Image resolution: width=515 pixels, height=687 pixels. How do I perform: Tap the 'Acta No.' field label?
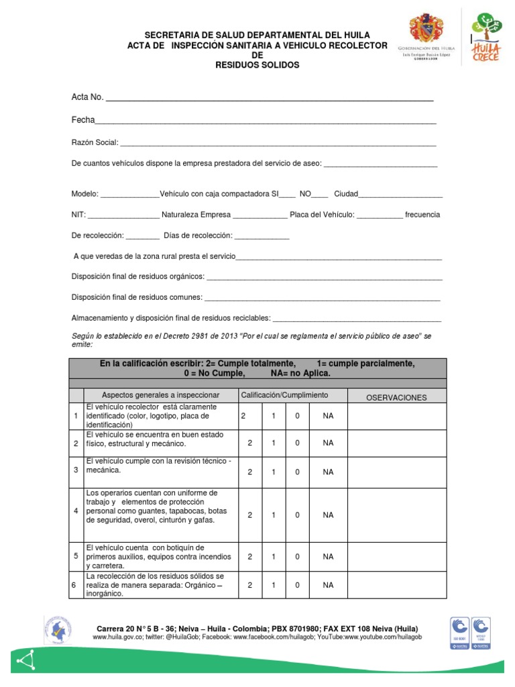[x=87, y=97]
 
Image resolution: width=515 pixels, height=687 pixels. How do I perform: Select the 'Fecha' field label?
[x=83, y=120]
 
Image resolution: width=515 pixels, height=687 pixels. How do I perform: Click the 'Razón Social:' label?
[x=95, y=142]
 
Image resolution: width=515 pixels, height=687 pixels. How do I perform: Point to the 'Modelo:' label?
[x=85, y=194]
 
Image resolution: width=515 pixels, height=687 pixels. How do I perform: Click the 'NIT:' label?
[x=78, y=215]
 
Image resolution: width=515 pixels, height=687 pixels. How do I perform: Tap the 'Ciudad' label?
[x=346, y=194]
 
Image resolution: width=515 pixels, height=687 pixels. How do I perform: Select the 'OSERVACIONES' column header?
[x=396, y=398]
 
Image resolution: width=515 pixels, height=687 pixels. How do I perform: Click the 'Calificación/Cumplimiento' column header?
[x=284, y=395]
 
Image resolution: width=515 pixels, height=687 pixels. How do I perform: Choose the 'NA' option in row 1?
[x=328, y=416]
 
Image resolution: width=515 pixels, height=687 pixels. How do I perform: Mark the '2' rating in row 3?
[x=250, y=472]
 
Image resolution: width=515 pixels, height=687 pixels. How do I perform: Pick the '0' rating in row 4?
[x=298, y=515]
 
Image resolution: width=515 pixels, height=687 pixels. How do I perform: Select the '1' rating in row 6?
[x=274, y=585]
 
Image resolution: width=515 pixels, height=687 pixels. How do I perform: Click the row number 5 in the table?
[x=76, y=556]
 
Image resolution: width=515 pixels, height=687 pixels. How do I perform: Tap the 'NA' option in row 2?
[x=328, y=443]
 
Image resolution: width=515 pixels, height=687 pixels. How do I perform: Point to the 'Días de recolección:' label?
[x=198, y=235]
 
